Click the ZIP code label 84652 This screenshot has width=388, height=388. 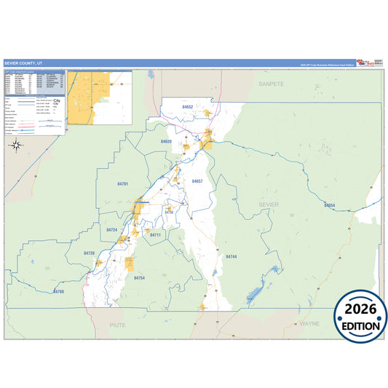188,107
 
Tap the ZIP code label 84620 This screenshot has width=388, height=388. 166,141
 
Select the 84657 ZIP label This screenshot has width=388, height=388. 197,181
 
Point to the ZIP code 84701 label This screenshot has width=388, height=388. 122,184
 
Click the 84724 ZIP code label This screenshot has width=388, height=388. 111,230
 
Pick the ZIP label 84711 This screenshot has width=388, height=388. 155,235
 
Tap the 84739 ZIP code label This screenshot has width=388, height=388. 90,253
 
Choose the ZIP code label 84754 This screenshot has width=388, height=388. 139,277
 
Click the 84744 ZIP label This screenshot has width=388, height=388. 231,257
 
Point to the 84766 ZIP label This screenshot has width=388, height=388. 59,291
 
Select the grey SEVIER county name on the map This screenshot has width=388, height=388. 269,205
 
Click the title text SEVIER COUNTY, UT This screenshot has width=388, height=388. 25,63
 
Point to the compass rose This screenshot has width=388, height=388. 16,145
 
